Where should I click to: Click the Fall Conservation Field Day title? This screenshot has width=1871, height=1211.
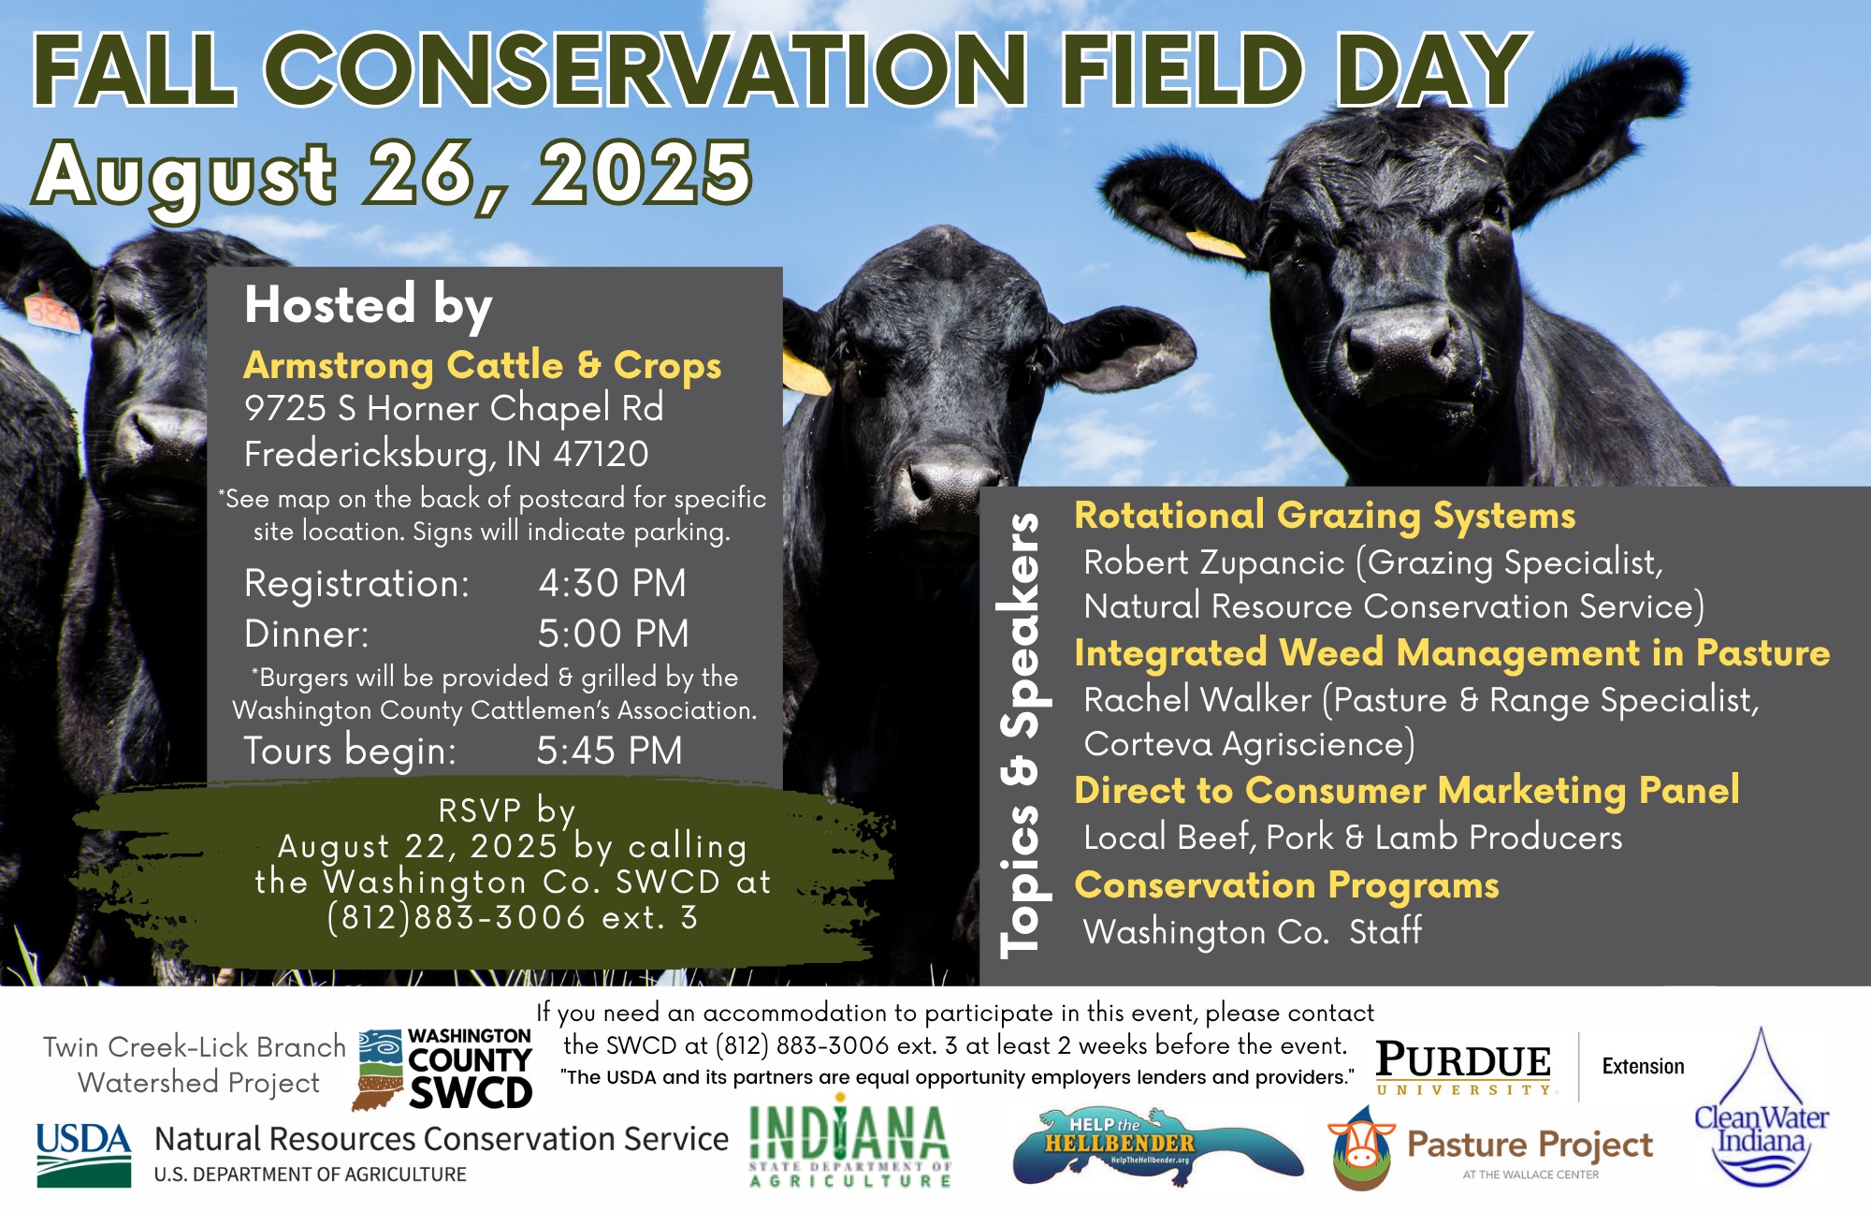pyautogui.click(x=781, y=70)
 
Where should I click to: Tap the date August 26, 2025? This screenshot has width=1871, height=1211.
pyautogui.click(x=394, y=176)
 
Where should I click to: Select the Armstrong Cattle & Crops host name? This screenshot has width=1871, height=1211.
pyautogui.click(x=483, y=366)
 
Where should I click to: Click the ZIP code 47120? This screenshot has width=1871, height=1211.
pyautogui.click(x=601, y=454)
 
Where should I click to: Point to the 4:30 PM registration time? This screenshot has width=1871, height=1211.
pyautogui.click(x=612, y=583)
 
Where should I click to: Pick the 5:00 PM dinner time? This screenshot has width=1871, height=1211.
pyautogui.click(x=613, y=634)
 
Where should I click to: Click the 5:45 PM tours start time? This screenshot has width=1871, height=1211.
pyautogui.click(x=609, y=751)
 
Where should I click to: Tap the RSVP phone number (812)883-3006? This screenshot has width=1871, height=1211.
pyautogui.click(x=457, y=918)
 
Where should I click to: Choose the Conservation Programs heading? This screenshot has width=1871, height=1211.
pyautogui.click(x=1286, y=885)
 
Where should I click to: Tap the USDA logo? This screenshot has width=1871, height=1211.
pyautogui.click(x=84, y=1155)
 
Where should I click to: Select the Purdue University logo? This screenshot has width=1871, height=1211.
pyautogui.click(x=1464, y=1067)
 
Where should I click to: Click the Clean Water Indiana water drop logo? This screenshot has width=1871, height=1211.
pyautogui.click(x=1762, y=1107)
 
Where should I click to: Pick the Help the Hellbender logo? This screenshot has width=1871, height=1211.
pyautogui.click(x=1157, y=1147)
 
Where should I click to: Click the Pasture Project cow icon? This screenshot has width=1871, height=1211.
pyautogui.click(x=1362, y=1149)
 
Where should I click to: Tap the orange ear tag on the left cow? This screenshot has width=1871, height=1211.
pyautogui.click(x=51, y=312)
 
